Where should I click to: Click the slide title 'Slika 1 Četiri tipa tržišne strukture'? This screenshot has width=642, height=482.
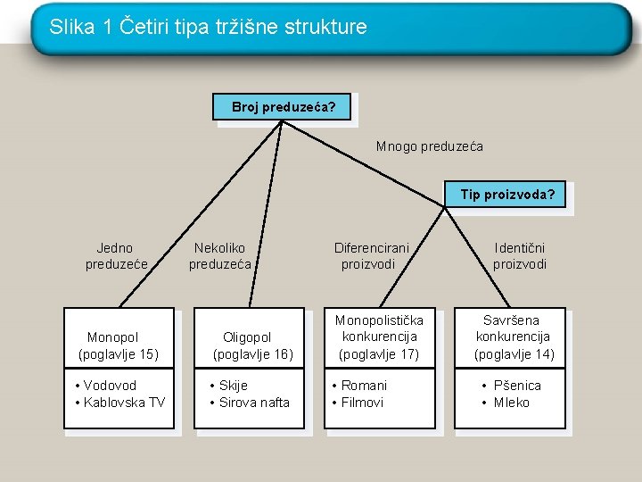click(x=208, y=27)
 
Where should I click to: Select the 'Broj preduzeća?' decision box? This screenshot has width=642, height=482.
click(x=284, y=107)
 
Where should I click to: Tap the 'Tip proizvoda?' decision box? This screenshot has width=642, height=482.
click(x=506, y=195)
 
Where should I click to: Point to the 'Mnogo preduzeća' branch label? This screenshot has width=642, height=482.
click(x=429, y=146)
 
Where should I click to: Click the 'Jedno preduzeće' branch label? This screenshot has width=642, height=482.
click(x=116, y=256)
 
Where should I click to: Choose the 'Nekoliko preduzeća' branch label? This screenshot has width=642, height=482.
click(x=220, y=256)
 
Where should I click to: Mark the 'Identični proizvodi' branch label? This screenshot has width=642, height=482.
click(x=520, y=256)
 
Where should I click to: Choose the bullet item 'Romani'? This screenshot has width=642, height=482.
click(x=364, y=386)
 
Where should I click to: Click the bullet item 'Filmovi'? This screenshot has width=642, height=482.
click(x=362, y=403)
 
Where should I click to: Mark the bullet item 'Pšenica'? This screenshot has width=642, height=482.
click(x=517, y=386)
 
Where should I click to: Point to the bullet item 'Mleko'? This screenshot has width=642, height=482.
click(x=511, y=403)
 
